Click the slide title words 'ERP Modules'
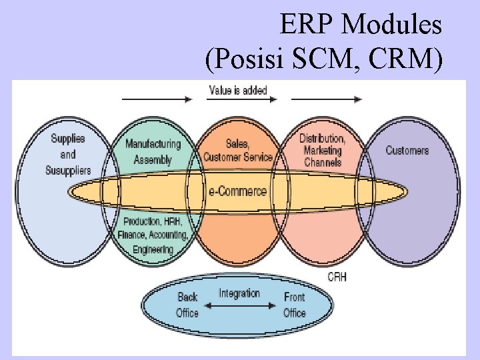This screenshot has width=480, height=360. click(361, 25)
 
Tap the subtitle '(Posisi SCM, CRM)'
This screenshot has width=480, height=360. click(324, 61)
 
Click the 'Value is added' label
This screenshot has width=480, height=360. click(238, 90)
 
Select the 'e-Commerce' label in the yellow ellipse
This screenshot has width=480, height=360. click(237, 191)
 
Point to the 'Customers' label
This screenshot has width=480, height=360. click(407, 150)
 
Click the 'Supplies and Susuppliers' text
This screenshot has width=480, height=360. click(68, 155)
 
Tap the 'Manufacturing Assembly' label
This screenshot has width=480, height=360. click(153, 151)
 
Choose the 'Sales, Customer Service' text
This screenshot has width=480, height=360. click(238, 151)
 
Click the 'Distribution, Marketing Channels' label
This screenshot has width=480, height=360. click(322, 150)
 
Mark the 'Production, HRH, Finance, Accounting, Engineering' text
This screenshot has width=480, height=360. click(153, 235)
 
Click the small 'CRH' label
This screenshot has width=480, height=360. click(337, 277)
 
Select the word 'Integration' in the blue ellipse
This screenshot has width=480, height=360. click(239, 293)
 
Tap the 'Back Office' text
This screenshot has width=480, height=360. click(187, 305)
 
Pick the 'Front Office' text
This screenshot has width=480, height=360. click(294, 305)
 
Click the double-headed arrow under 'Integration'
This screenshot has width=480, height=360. click(239, 307)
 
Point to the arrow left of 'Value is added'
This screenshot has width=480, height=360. click(157, 100)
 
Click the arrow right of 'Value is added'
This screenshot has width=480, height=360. click(326, 100)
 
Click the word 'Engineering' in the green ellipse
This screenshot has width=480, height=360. click(153, 249)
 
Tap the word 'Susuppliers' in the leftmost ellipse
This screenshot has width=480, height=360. click(68, 171)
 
